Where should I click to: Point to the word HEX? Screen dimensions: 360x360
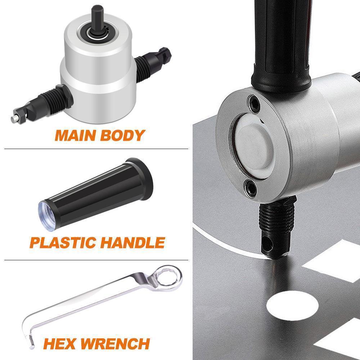[x=59, y=343]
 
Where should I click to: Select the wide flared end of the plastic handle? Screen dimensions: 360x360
[x=143, y=179]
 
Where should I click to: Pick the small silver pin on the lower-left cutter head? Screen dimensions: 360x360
[x=14, y=118]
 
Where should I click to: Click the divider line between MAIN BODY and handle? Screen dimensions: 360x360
[x=96, y=149]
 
